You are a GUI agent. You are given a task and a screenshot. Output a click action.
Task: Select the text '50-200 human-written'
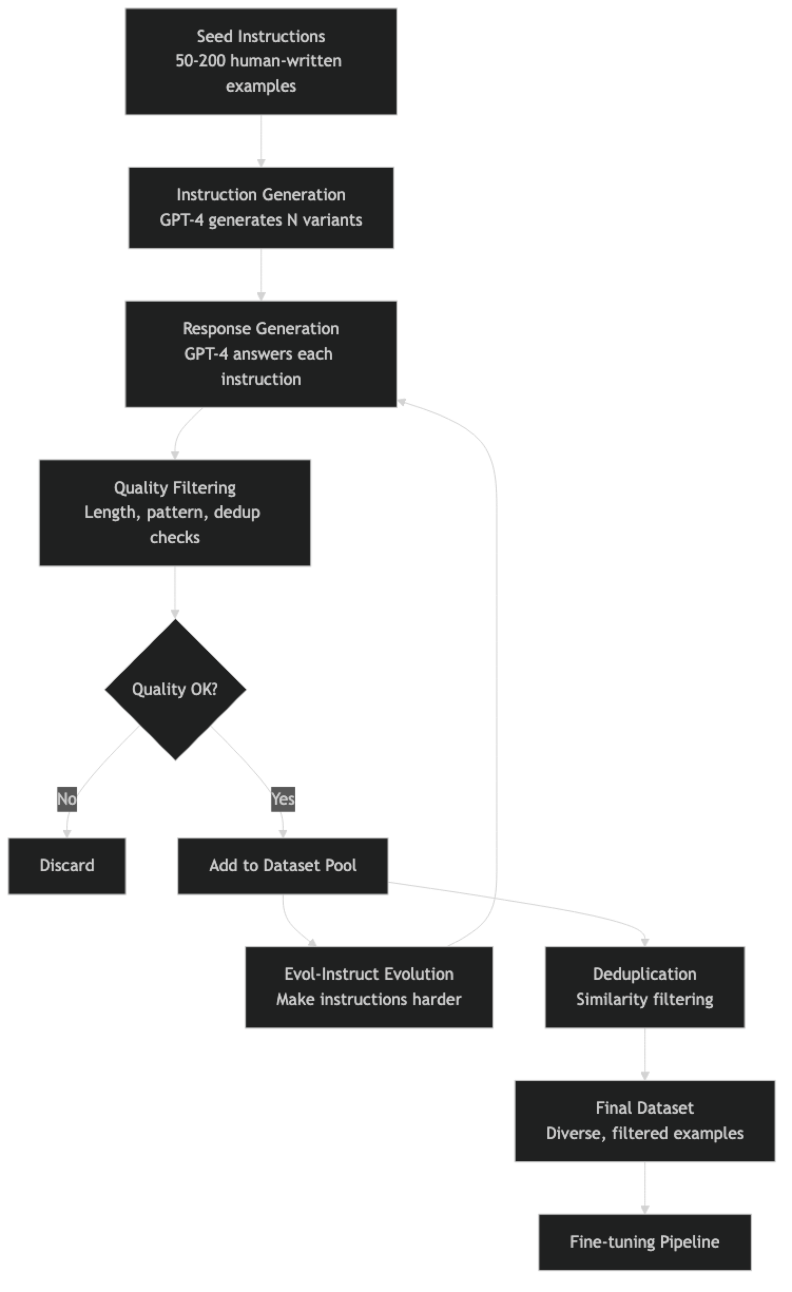click(x=258, y=61)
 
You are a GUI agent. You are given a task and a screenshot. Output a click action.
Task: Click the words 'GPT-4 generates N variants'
click(x=260, y=220)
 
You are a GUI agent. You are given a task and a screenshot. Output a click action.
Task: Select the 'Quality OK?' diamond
click(x=175, y=689)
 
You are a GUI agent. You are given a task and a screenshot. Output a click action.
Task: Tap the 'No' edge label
click(x=67, y=799)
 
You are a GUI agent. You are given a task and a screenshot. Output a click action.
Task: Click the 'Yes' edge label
click(x=283, y=799)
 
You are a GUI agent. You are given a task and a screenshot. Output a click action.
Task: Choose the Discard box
click(x=67, y=865)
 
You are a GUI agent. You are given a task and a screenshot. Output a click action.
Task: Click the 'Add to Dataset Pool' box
click(x=283, y=865)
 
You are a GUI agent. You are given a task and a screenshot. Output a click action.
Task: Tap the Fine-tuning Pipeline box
click(x=644, y=1242)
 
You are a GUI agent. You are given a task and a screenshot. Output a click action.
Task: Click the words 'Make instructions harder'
click(x=369, y=999)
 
